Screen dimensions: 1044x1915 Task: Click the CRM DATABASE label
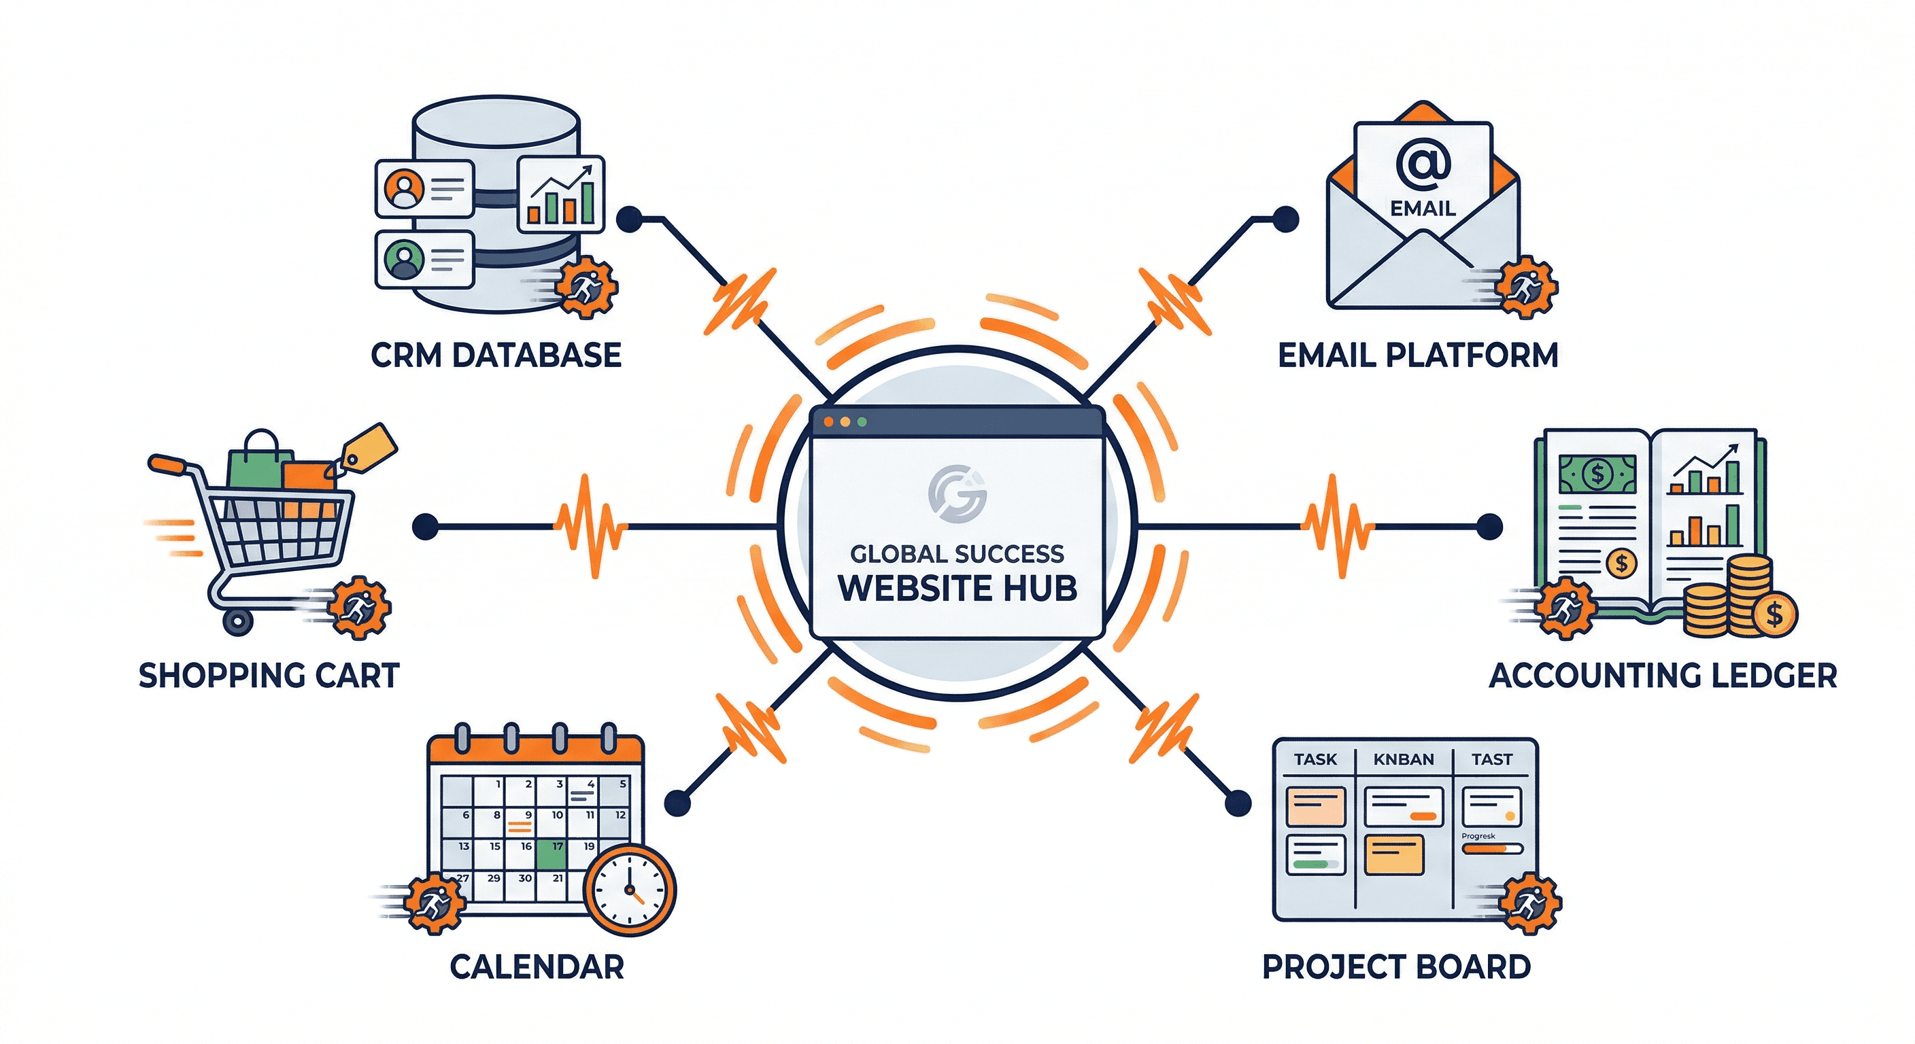tap(496, 355)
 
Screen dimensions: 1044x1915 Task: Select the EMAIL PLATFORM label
tap(1418, 355)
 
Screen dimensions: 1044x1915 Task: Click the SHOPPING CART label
tap(269, 676)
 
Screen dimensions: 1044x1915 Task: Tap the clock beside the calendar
tap(630, 890)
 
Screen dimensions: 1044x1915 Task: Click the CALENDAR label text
tap(537, 967)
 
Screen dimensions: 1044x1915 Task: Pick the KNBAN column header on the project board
tap(1404, 759)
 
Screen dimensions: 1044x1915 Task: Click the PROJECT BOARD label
tap(1396, 967)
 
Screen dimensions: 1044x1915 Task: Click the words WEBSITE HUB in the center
tap(957, 588)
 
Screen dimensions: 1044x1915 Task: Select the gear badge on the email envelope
tap(1526, 286)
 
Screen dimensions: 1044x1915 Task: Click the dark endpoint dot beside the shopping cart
tap(425, 526)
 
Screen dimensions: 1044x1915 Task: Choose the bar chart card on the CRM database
tap(560, 194)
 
